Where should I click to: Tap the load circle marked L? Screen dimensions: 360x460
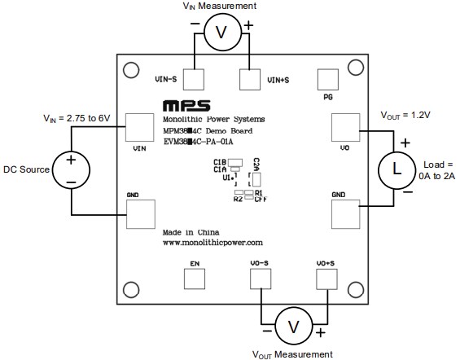click(x=396, y=170)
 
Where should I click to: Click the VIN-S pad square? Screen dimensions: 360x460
click(x=194, y=80)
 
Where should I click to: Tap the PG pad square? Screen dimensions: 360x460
click(x=327, y=80)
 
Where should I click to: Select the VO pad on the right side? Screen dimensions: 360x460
click(x=345, y=129)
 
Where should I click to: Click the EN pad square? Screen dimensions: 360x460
click(x=195, y=279)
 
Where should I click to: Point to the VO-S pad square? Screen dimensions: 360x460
click(x=260, y=279)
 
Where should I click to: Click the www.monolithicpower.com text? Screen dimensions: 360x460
click(x=212, y=243)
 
